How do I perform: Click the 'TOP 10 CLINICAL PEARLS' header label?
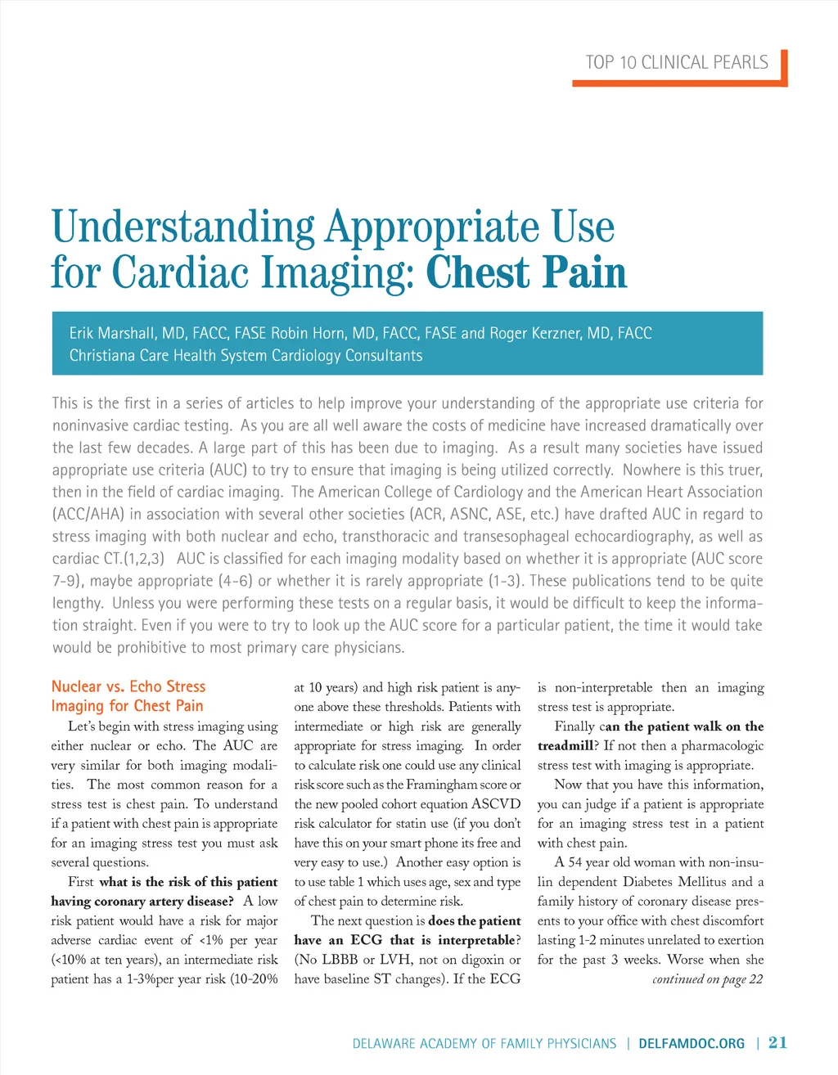coord(677,63)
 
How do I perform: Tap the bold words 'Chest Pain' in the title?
coord(526,272)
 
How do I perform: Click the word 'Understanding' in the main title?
coord(182,227)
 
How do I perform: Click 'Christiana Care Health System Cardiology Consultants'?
coord(246,355)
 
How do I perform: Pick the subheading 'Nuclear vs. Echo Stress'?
coord(128,686)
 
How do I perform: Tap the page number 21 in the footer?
coord(777,1042)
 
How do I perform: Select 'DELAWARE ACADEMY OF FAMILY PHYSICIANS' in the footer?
coord(484,1043)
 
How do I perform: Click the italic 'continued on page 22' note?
coord(707,979)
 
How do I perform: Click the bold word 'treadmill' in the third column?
coord(565,745)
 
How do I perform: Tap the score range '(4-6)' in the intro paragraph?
coord(237,581)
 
